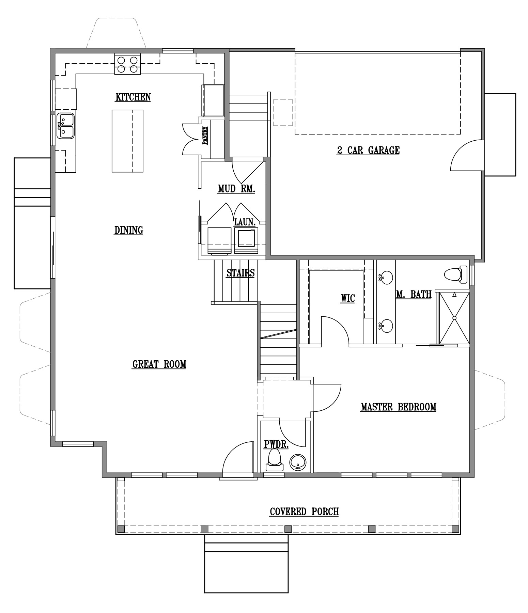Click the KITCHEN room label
(x=133, y=97)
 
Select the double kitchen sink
(x=65, y=126)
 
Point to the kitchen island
(x=127, y=141)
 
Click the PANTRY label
(x=205, y=136)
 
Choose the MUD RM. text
(x=236, y=189)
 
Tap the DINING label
(x=128, y=230)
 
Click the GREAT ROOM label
(x=159, y=364)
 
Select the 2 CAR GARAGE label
(x=368, y=150)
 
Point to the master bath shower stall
(x=454, y=318)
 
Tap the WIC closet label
(x=348, y=299)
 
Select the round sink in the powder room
(x=298, y=462)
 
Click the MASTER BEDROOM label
(x=398, y=407)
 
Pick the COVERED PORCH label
(x=304, y=512)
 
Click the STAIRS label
(x=240, y=273)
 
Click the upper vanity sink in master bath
(x=386, y=277)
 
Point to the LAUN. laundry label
(x=245, y=222)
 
